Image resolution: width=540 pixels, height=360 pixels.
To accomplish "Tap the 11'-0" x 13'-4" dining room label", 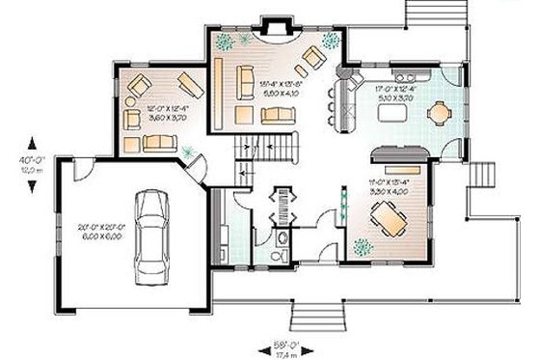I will [391, 186].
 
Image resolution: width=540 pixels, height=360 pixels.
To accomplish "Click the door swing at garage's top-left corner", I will [84, 172].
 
